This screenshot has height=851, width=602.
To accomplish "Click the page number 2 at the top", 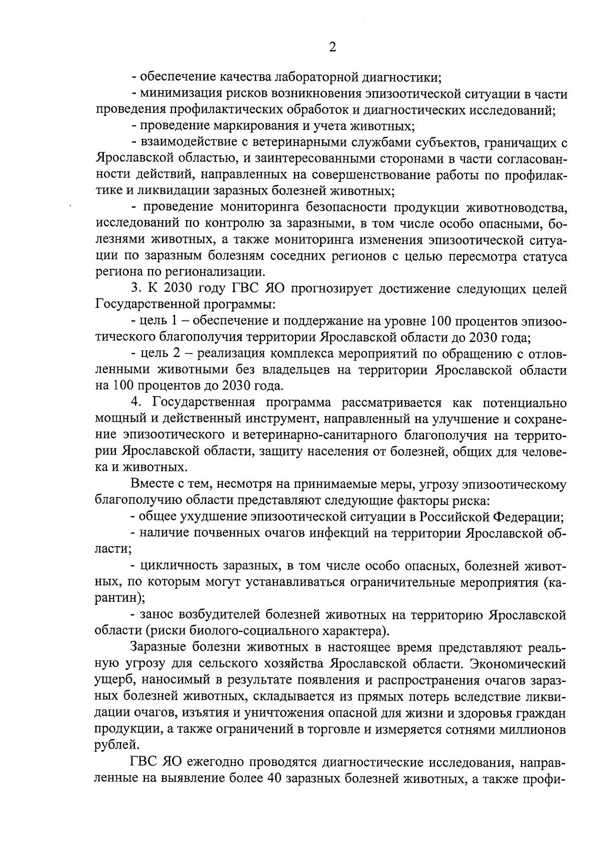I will (x=332, y=47).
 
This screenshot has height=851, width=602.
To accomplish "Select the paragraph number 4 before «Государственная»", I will (x=135, y=403).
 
